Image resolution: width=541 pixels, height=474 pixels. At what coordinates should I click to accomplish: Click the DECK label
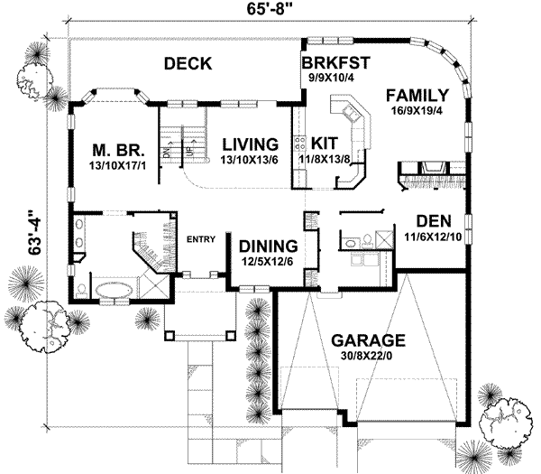coord(188,64)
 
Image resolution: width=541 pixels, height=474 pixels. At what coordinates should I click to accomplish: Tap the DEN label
coord(435,221)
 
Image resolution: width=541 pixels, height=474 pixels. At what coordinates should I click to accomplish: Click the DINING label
coord(268,246)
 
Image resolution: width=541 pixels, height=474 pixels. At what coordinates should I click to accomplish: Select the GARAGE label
coord(367,340)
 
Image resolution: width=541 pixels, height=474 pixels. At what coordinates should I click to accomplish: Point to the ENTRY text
coord(199,238)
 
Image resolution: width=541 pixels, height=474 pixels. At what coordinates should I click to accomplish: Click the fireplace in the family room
coord(429,169)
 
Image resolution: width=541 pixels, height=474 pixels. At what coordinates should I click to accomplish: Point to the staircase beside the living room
coord(181,140)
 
